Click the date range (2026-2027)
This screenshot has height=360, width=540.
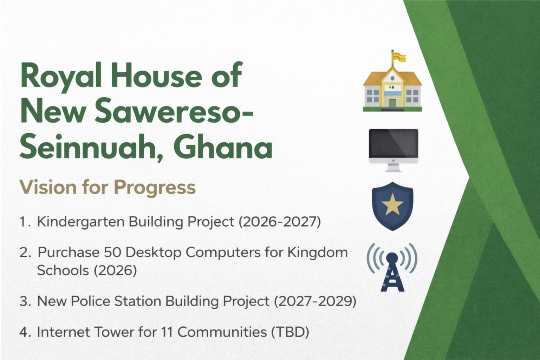[280, 222]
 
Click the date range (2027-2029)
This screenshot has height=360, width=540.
[315, 301]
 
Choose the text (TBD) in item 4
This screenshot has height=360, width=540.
[290, 332]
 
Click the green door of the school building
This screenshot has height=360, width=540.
[392, 103]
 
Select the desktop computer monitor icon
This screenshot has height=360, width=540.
[393, 150]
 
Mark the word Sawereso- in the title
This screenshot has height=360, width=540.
[174, 112]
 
